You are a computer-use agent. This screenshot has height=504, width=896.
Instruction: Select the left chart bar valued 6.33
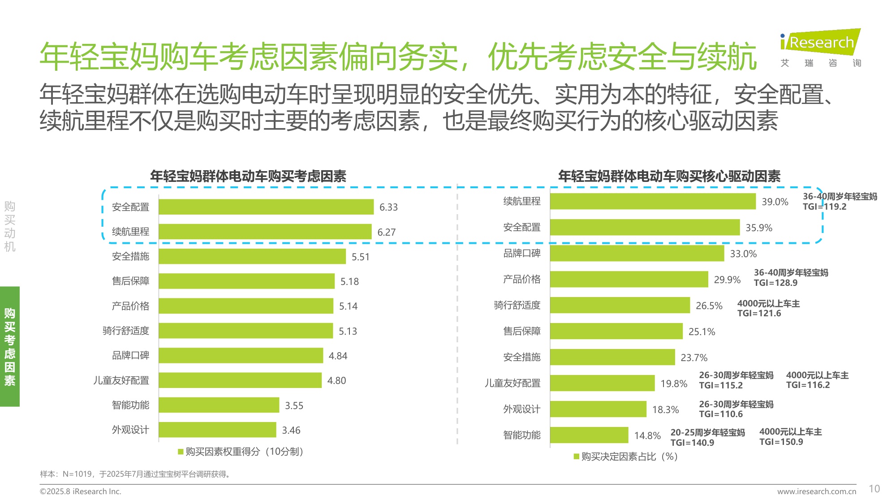click(266, 207)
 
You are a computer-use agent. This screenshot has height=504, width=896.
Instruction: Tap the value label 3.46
click(291, 431)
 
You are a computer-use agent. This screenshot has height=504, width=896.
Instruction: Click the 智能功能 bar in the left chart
click(219, 405)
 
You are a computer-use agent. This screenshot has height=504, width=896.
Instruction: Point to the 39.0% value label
click(775, 202)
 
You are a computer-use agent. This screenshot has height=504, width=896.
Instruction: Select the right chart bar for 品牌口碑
click(637, 254)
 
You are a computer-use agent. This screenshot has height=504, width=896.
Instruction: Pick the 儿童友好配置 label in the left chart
click(121, 380)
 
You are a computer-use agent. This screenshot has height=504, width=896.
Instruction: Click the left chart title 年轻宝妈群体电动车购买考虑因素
click(248, 177)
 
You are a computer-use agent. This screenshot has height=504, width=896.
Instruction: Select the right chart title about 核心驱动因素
click(669, 177)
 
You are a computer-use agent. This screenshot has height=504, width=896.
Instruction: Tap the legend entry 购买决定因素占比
click(626, 457)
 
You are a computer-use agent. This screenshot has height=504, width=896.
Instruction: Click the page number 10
click(874, 489)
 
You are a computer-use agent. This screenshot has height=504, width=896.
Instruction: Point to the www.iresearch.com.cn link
click(816, 491)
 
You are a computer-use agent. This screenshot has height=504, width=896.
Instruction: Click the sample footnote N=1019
click(135, 474)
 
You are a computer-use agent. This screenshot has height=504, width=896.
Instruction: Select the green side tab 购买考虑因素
click(10, 346)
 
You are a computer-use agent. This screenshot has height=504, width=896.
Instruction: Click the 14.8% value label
click(647, 435)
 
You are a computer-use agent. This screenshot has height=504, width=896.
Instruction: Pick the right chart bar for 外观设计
click(598, 409)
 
